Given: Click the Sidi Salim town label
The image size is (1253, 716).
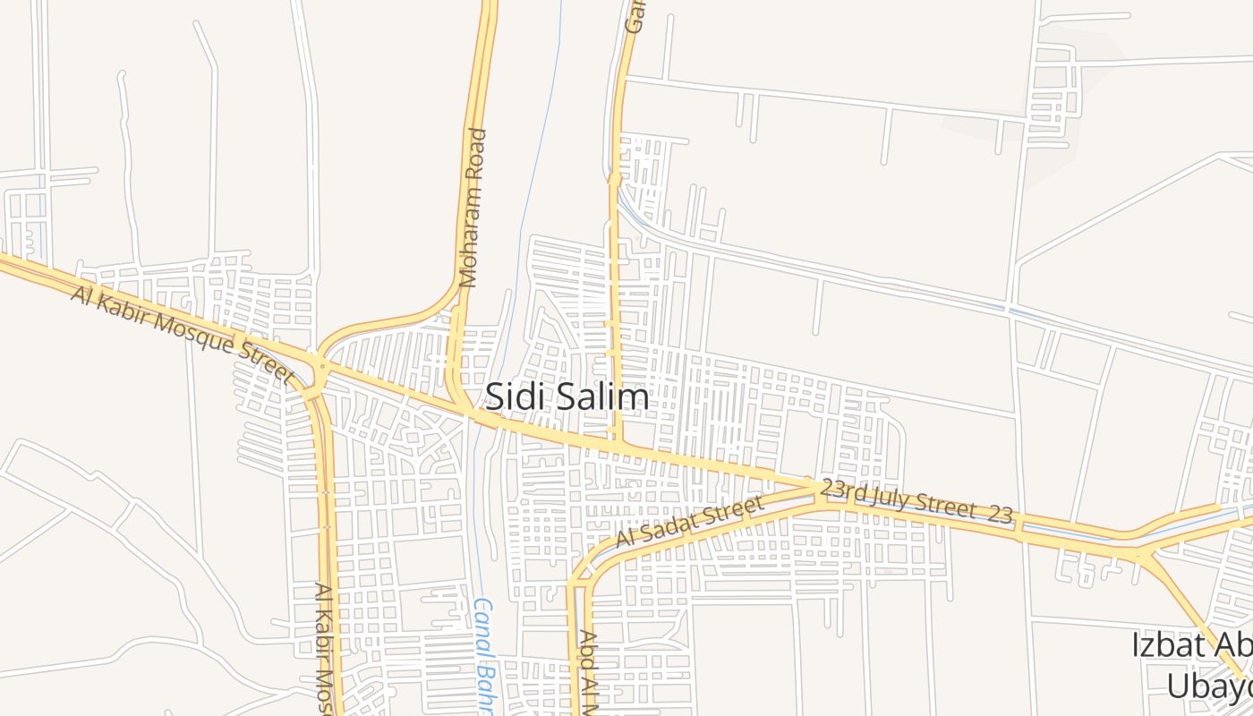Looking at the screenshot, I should coord(567,396).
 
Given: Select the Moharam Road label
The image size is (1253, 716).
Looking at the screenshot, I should coord(472,208).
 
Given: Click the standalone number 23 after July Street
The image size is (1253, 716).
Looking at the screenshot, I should coord(1001,514).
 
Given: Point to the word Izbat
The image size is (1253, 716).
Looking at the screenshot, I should coord(1163,645).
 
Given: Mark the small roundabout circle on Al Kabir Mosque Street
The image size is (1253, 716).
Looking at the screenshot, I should coord(322,366).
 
